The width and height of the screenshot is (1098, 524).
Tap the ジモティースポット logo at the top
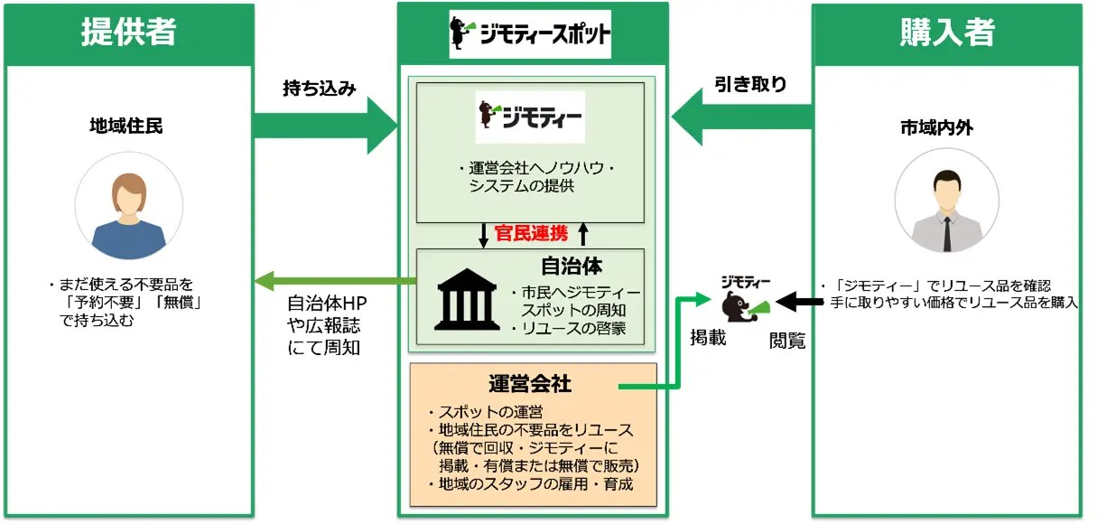pos(531,34)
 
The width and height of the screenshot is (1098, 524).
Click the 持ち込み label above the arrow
pos(320,89)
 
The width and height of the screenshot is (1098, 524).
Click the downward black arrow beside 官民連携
pos(483,235)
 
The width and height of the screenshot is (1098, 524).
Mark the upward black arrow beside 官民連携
pos(582,235)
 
